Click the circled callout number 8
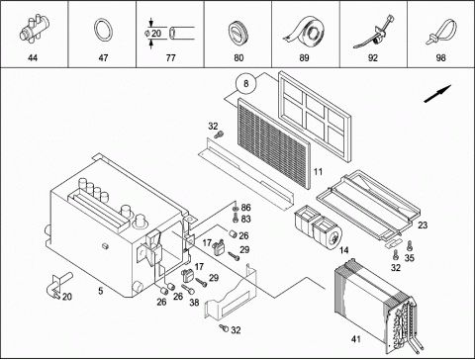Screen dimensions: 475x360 coord(245,84)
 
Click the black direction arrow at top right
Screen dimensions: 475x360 coord(437,94)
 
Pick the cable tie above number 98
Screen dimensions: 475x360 coord(441,32)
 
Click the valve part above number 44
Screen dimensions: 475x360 coord(34,29)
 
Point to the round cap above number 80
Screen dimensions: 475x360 coord(237,33)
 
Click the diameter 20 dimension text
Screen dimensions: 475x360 coord(153,33)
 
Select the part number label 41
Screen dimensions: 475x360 coord(356,339)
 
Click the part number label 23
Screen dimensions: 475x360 coord(423,225)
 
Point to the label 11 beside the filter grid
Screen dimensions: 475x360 coord(318,172)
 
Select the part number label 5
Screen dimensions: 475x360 coord(101,291)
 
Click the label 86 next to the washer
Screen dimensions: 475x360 coord(245,208)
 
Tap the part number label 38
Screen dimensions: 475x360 coord(194,302)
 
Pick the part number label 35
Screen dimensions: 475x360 coord(410,258)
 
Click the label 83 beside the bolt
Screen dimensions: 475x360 coord(245,219)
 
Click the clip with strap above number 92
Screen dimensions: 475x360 coord(374,32)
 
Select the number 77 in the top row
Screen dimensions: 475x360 coord(170,58)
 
